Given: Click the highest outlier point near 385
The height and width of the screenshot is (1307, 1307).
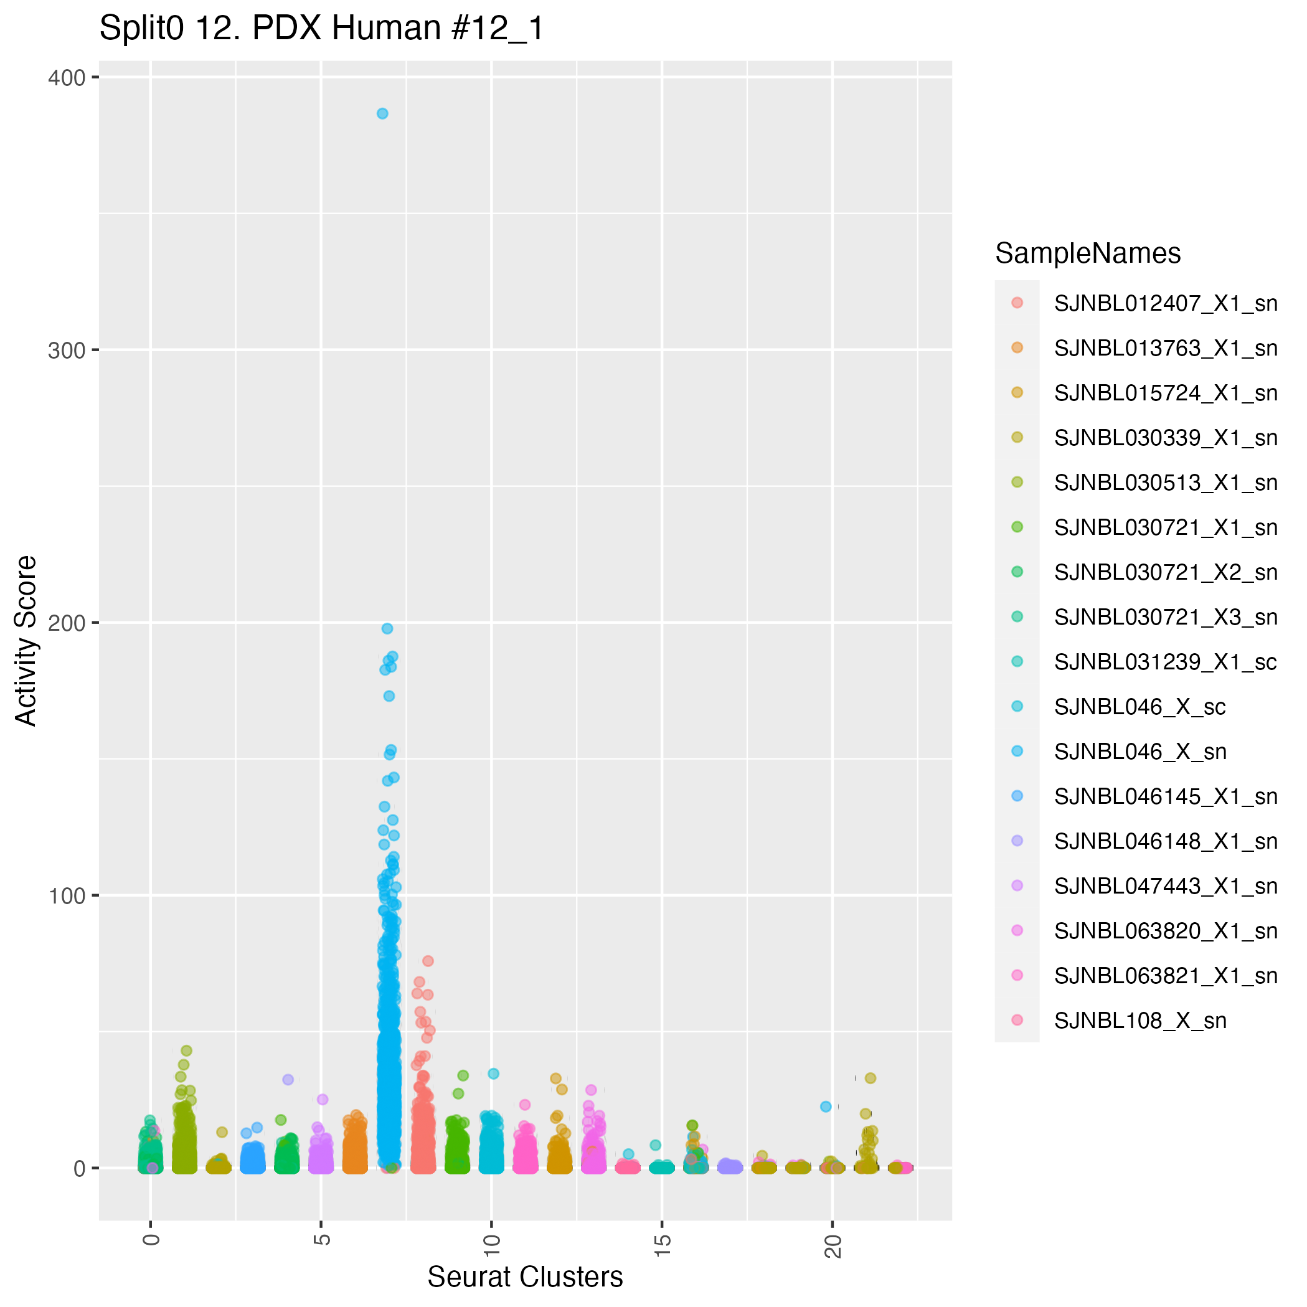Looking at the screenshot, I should [x=382, y=114].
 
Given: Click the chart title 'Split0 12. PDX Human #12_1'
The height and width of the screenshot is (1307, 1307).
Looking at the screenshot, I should [x=321, y=29].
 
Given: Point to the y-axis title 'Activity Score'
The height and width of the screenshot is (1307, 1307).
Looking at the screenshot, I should [x=26, y=640].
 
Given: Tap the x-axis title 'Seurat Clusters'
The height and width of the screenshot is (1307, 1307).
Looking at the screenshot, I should [x=525, y=1277].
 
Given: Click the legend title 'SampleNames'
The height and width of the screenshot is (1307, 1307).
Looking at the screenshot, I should [x=1088, y=253].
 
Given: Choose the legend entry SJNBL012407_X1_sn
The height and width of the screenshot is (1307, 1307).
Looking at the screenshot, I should [x=1166, y=304].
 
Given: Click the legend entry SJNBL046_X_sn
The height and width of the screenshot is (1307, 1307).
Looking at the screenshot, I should [x=1140, y=752].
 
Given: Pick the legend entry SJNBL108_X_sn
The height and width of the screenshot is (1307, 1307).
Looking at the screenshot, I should [x=1140, y=1021].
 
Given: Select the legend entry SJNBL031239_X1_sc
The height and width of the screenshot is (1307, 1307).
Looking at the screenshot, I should [x=1166, y=663].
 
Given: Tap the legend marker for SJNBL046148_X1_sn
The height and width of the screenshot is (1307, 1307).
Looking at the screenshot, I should [x=1017, y=841].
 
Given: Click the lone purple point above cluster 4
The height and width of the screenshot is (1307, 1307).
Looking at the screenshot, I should [x=288, y=1080].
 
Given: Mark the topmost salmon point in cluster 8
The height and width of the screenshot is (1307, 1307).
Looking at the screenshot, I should [x=428, y=961].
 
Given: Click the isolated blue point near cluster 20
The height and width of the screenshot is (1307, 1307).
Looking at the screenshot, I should [x=825, y=1106].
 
